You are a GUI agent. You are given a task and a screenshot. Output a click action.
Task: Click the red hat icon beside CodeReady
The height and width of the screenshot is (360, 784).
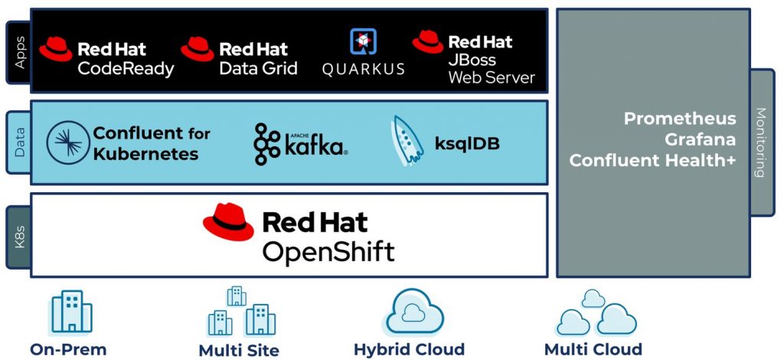point(56,49)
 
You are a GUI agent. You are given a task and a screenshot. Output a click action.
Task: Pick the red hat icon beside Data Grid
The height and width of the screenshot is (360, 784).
point(198,49)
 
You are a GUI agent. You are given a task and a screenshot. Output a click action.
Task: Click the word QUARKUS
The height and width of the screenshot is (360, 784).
point(363,69)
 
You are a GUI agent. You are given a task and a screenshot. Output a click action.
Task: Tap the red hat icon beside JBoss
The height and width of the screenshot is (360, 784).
point(427,41)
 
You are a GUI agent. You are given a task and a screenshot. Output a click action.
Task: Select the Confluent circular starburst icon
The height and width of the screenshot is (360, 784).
point(67,142)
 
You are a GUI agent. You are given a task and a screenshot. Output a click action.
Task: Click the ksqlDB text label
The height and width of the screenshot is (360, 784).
point(467,143)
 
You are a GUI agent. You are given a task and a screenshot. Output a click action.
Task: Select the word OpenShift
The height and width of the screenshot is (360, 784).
point(328,250)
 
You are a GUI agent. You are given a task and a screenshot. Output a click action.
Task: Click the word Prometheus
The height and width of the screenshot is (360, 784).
point(680,119)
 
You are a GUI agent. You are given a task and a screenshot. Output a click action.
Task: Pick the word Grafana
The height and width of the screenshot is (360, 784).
point(700,139)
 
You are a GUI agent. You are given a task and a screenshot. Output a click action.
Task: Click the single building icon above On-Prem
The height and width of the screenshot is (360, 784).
point(70,311)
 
